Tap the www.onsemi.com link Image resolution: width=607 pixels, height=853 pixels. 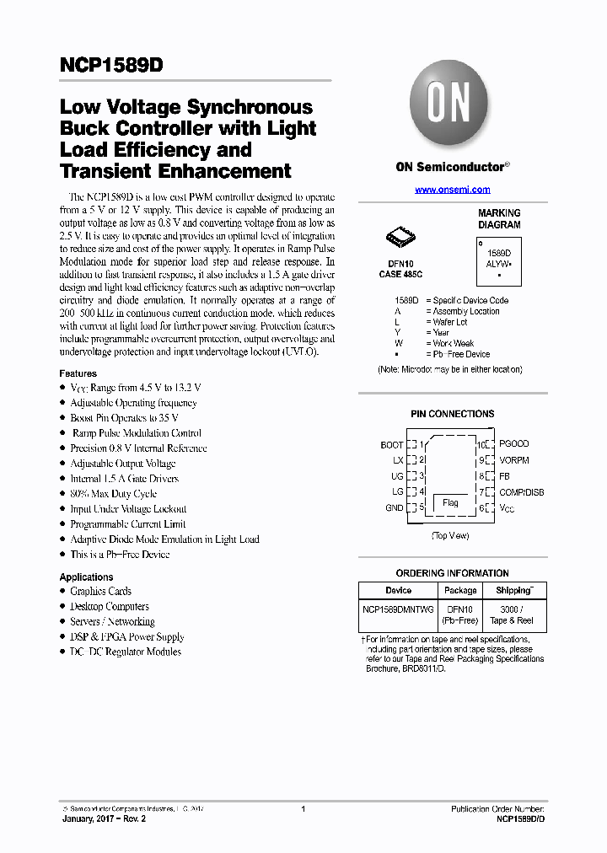(452, 190)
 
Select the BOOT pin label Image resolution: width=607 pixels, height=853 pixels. (391, 445)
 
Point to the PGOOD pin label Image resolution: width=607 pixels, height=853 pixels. (513, 443)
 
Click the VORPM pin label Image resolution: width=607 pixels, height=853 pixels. (514, 460)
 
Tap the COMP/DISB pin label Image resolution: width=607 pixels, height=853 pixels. (521, 492)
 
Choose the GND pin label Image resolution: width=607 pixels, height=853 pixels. (394, 508)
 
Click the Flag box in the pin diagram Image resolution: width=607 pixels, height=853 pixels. (450, 503)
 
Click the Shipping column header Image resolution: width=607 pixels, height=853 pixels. (513, 590)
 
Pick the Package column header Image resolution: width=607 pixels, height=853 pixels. (460, 591)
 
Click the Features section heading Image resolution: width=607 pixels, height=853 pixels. (78, 373)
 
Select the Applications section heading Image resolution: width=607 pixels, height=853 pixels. (86, 577)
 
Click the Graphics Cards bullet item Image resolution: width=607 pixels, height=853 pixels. (100, 592)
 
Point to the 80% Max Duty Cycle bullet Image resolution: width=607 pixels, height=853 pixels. (113, 494)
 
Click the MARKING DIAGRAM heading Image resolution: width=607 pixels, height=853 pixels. (499, 219)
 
